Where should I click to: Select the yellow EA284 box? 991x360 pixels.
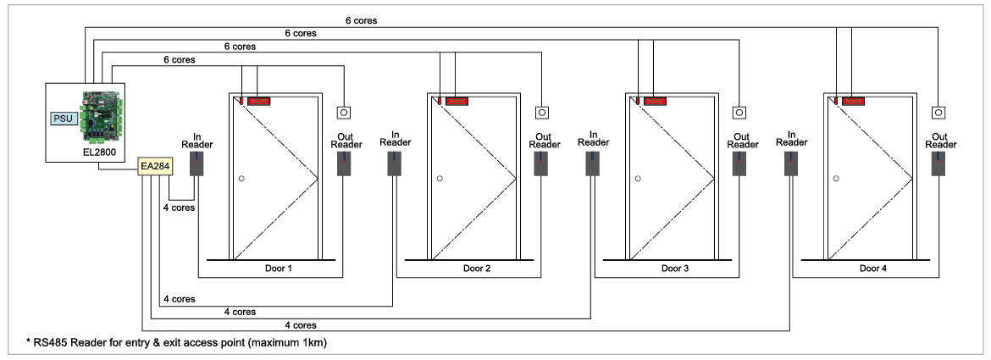(155, 164)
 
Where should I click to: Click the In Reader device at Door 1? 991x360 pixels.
(197, 163)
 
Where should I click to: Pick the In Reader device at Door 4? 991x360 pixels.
(793, 163)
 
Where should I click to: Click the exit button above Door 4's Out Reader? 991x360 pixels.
(938, 112)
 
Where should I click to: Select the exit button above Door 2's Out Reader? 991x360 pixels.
(542, 112)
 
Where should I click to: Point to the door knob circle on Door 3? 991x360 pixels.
(638, 179)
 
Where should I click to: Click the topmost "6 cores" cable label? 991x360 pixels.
(361, 19)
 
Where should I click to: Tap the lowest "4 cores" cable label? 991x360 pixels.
(301, 324)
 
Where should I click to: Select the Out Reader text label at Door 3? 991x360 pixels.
(740, 140)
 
